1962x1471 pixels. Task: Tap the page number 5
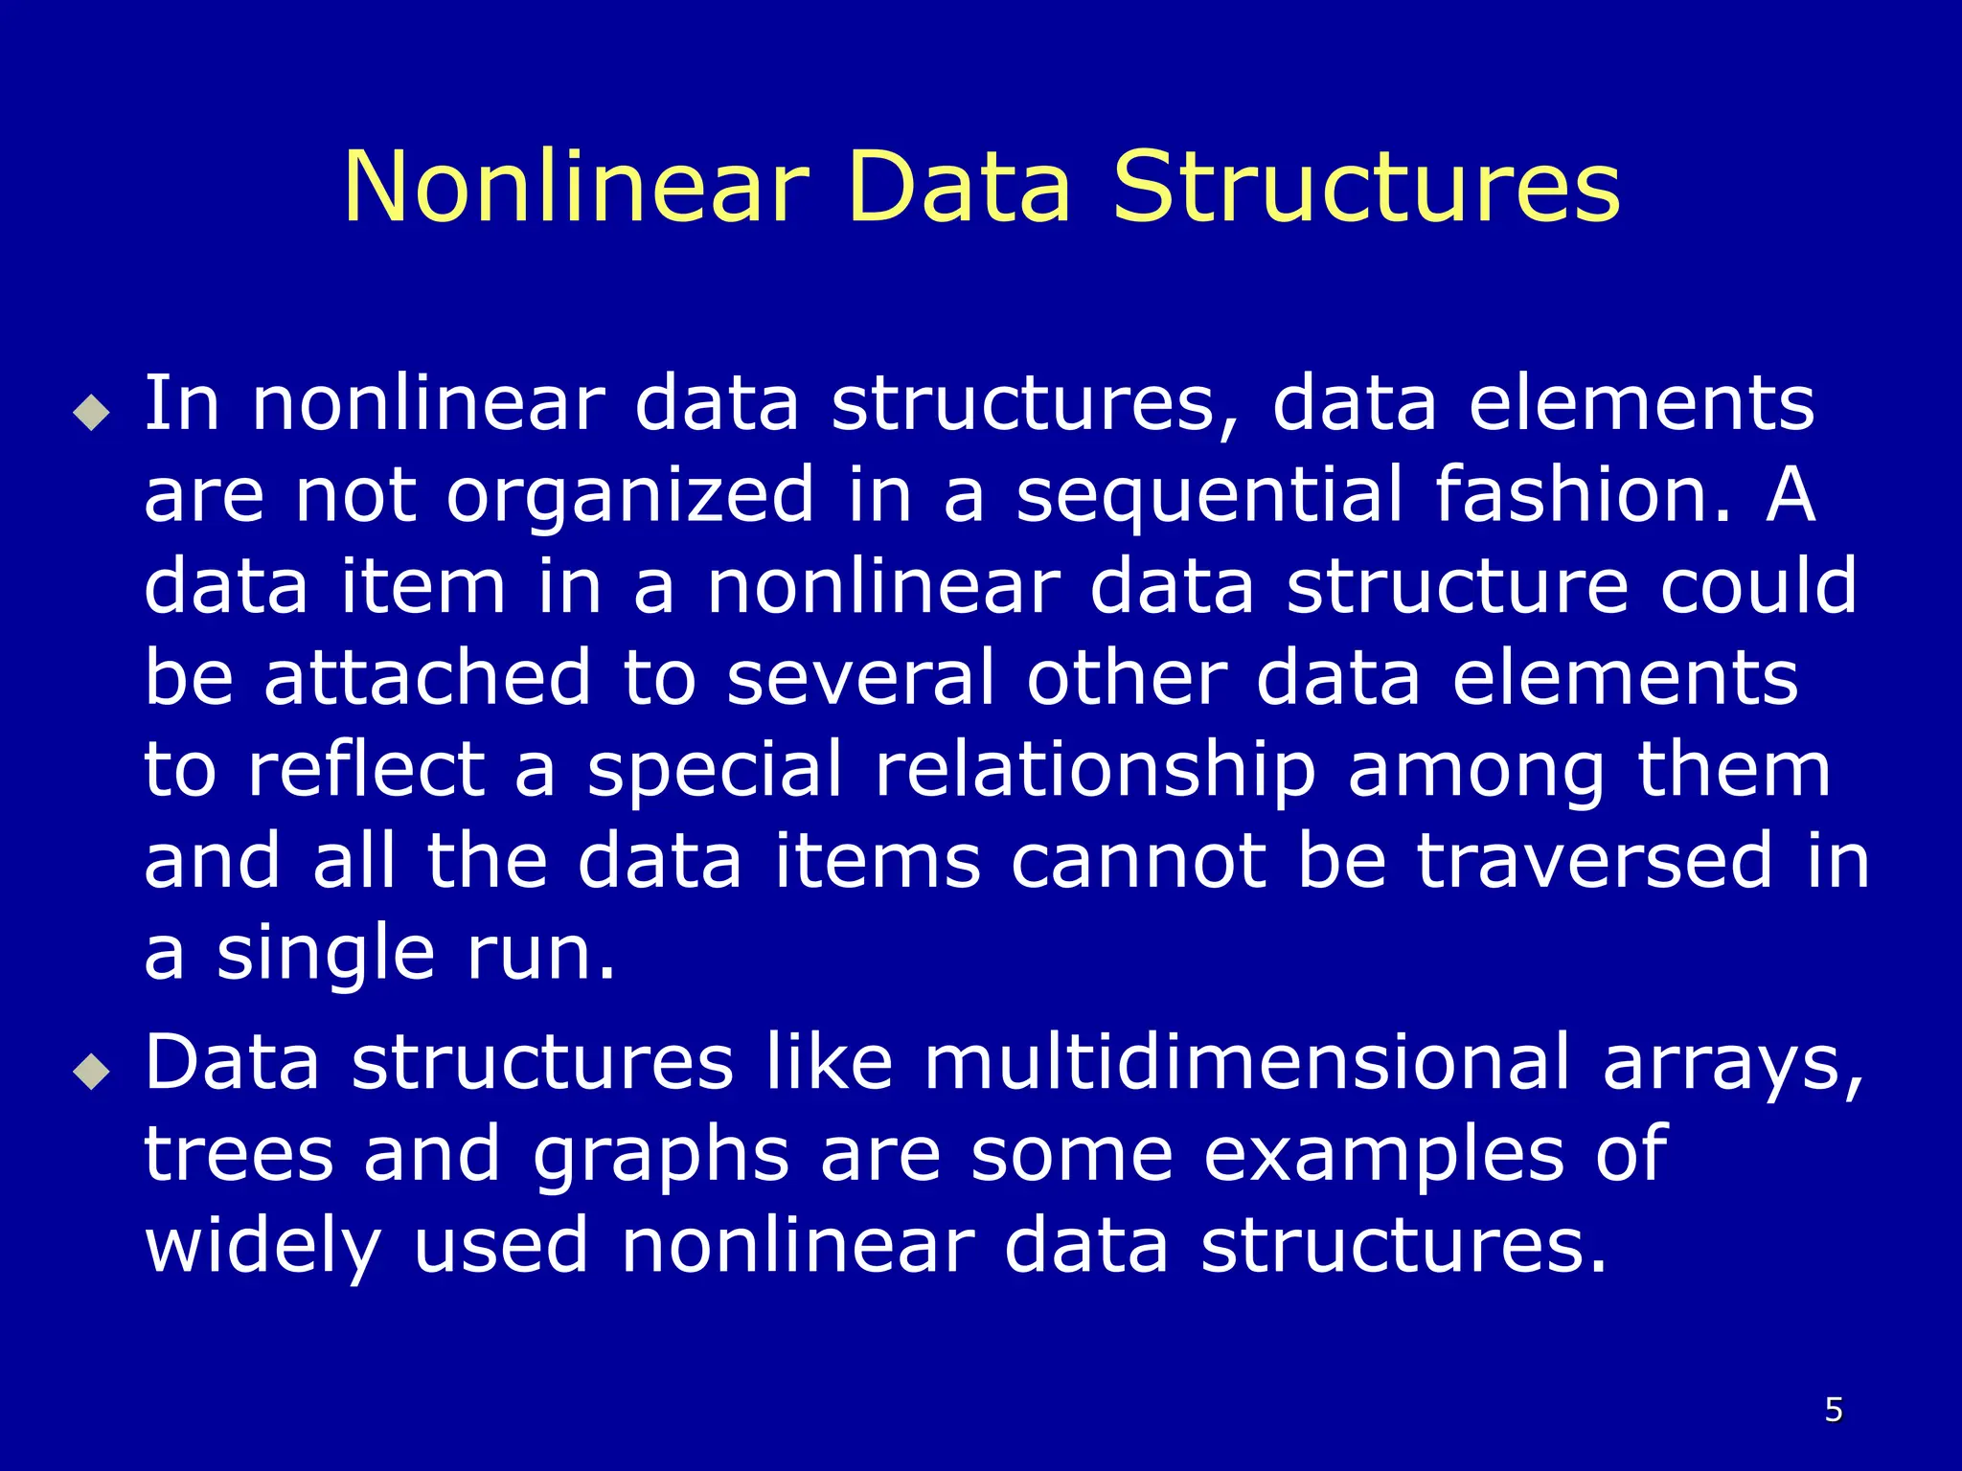click(1834, 1410)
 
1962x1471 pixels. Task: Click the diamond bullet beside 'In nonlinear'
click(91, 413)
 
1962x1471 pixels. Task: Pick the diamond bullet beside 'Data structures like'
click(91, 1072)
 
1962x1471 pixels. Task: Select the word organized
click(630, 495)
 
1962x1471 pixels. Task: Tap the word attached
click(427, 678)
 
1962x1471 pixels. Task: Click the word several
click(860, 678)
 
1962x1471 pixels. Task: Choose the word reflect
click(367, 769)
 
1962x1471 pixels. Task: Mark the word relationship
click(1095, 771)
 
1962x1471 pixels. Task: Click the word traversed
click(1594, 861)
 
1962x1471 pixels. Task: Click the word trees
click(240, 1154)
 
